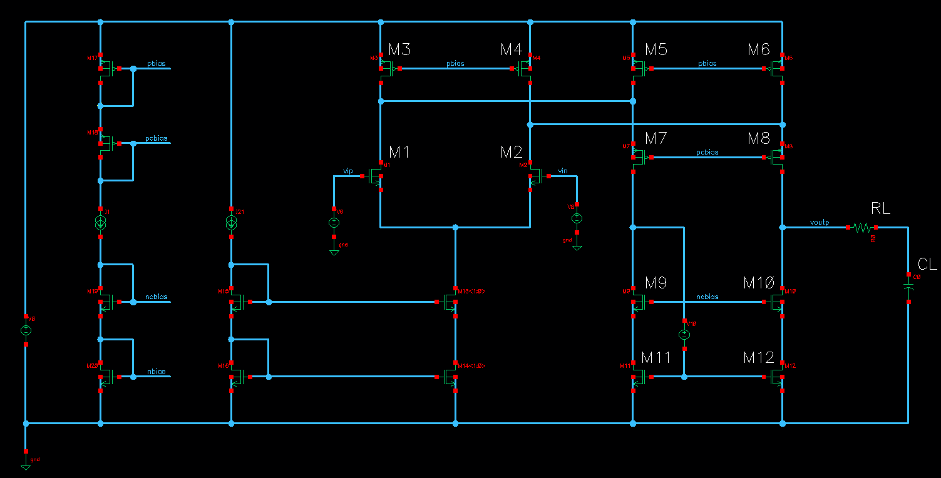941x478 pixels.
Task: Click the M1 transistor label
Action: [399, 152]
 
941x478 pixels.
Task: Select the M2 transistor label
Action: [511, 152]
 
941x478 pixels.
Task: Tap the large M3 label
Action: [399, 49]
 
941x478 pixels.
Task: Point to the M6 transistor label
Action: [758, 49]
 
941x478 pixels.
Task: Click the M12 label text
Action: [759, 357]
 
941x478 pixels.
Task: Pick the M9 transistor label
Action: [656, 283]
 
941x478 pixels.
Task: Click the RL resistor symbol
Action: [861, 228]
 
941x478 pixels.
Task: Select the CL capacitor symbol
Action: [908, 287]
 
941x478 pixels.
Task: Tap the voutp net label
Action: [820, 222]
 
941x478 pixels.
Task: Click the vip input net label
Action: [347, 171]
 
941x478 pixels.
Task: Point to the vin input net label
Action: [562, 171]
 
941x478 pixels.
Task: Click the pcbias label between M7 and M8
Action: [708, 152]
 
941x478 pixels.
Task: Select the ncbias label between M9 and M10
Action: [708, 297]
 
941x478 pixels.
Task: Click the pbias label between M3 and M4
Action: [455, 64]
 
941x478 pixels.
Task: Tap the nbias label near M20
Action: [156, 372]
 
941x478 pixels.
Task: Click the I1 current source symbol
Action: [100, 223]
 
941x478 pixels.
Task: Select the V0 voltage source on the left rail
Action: [26, 330]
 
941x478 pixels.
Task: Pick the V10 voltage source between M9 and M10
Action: [684, 335]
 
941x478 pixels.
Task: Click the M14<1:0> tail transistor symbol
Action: [451, 377]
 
